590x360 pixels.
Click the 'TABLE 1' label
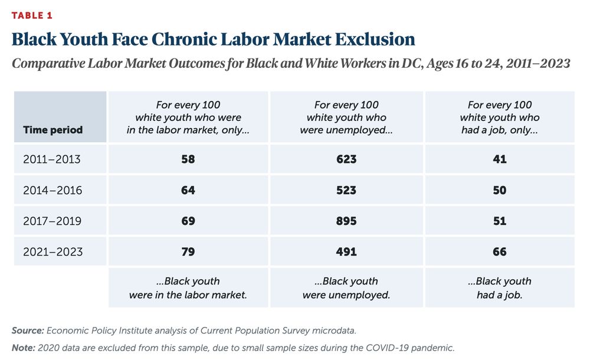click(32, 15)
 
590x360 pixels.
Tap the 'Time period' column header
click(53, 129)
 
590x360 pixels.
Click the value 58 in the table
click(188, 159)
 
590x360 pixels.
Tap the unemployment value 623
click(346, 159)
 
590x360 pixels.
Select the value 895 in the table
click(346, 221)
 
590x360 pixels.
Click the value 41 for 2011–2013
click(500, 159)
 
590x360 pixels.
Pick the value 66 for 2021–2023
click(500, 251)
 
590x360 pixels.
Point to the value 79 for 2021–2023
click(188, 251)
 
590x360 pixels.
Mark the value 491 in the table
click(346, 251)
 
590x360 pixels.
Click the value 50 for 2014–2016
click(500, 190)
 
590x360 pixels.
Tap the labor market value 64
click(188, 190)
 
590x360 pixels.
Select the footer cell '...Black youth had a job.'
click(500, 288)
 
